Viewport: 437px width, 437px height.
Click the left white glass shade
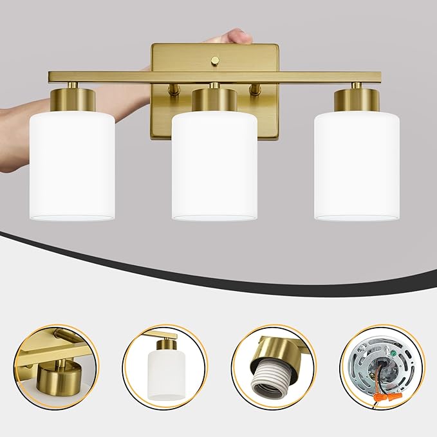[72, 164]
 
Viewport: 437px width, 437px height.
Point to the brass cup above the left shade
[73, 100]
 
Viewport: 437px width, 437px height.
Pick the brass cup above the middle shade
[214, 100]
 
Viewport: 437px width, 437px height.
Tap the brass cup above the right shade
[356, 100]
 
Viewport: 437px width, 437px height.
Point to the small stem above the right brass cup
[356, 86]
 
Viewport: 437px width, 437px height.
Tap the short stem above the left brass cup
[73, 86]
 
